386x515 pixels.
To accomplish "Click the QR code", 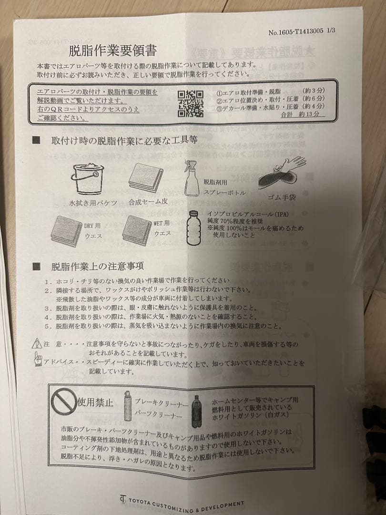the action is coord(190,103).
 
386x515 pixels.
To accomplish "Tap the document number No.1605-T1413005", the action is coord(296,31).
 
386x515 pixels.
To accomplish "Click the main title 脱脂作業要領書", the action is coord(113,50).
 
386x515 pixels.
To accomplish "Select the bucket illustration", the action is coord(88,178).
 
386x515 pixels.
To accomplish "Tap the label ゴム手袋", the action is coord(282,197).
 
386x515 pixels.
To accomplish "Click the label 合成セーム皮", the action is coord(148,202).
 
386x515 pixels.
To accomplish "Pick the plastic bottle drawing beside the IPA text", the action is coord(193,228).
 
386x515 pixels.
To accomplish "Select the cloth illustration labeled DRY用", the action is coord(67,231).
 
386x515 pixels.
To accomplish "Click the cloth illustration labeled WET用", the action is coord(137,230).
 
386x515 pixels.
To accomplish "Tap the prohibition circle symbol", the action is coord(64,402).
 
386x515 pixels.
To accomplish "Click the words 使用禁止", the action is coord(95,402).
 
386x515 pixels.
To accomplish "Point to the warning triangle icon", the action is coord(36,343).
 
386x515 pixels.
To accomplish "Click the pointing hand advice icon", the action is coord(38,359).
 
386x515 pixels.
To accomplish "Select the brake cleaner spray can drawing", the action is coord(128,406).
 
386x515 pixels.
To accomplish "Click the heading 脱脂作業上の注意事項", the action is coord(98,266).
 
